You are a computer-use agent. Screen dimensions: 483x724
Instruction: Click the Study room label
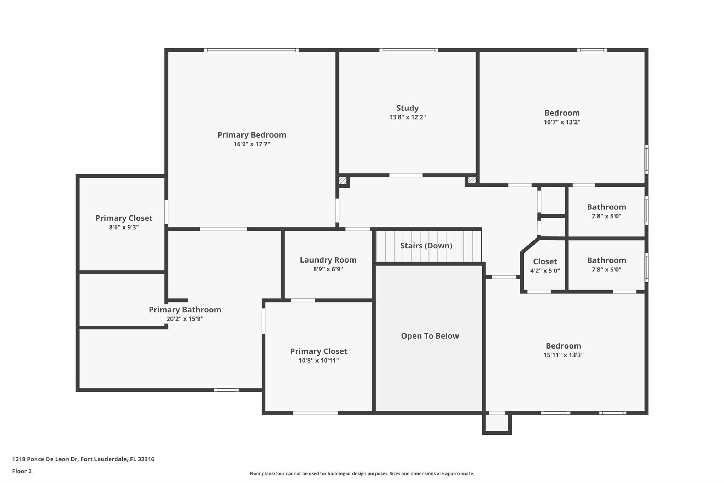(407, 108)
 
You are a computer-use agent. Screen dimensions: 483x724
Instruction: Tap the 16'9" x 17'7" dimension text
(251, 144)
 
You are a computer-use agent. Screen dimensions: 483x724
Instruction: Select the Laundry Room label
(328, 260)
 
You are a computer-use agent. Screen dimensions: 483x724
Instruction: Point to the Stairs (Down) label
(426, 246)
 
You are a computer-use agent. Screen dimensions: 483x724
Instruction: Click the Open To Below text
(430, 336)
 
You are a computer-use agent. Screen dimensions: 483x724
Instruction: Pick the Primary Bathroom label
(185, 310)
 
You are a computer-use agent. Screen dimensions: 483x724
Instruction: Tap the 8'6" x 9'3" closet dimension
(124, 227)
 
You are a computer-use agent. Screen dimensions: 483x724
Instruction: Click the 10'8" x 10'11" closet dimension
(319, 361)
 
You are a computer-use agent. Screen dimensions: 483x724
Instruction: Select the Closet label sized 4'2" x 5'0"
(545, 261)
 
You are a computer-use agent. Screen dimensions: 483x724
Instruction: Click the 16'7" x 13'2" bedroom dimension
(562, 122)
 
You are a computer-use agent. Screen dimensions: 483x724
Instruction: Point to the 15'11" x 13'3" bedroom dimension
(563, 355)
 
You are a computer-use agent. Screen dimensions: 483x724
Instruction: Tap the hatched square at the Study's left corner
(343, 180)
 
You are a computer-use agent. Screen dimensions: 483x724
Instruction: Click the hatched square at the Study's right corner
(472, 180)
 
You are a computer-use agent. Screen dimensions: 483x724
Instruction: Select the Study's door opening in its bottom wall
(406, 175)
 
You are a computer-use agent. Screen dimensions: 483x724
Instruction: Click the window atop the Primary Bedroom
(251, 50)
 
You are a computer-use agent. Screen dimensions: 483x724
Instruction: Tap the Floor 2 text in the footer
(22, 471)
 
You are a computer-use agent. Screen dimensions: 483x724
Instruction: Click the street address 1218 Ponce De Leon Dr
(83, 459)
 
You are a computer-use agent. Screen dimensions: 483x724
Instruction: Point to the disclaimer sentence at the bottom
(362, 473)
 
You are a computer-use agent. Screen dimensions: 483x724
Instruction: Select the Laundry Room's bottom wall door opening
(303, 300)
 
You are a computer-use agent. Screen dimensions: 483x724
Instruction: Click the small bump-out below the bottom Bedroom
(497, 423)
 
